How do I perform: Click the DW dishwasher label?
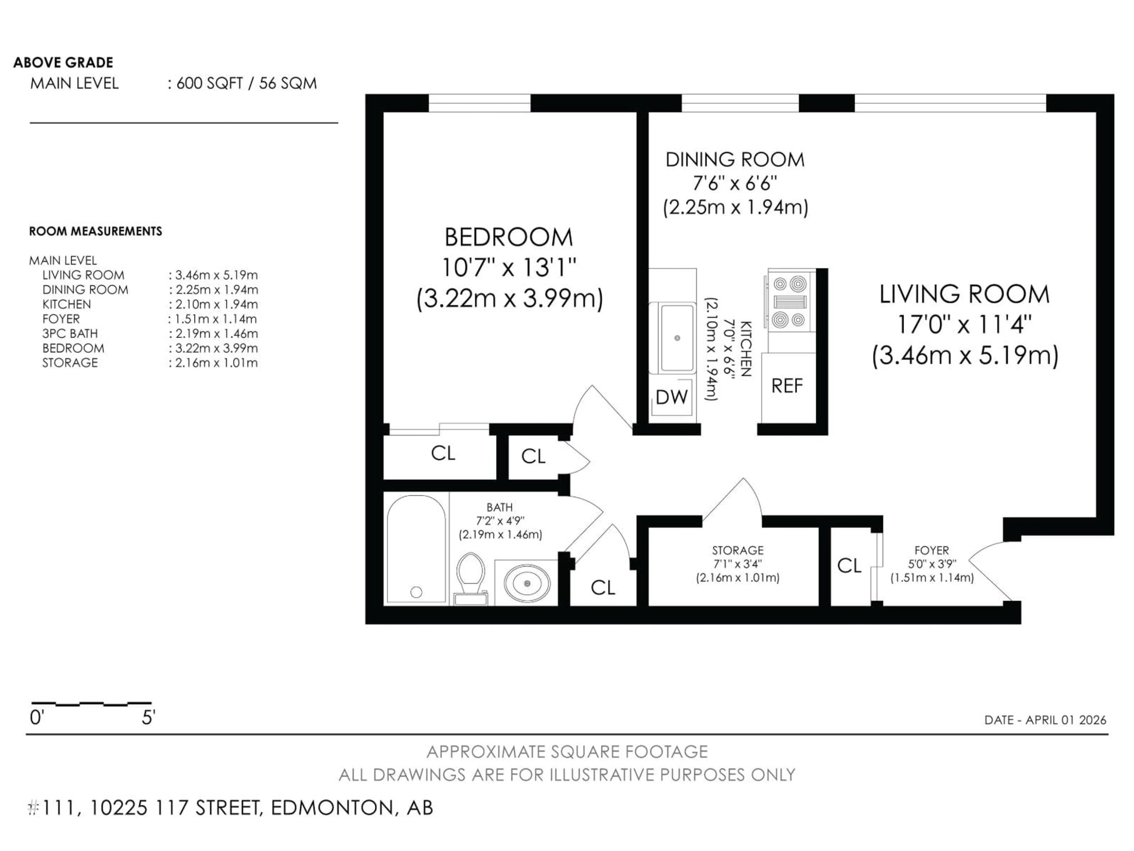(x=672, y=397)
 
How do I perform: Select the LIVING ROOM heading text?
(x=964, y=294)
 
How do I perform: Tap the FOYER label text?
(x=931, y=550)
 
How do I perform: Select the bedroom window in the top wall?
(x=479, y=103)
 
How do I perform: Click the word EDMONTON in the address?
(x=332, y=808)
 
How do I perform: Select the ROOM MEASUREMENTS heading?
(x=95, y=231)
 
